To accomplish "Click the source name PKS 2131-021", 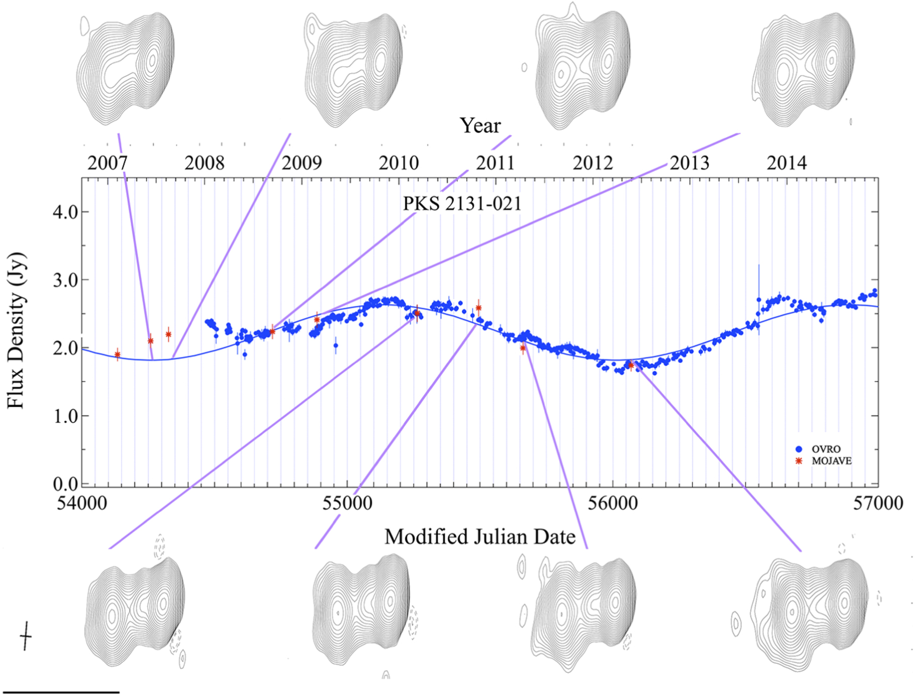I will [x=462, y=203].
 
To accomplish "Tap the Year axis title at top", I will [x=480, y=126].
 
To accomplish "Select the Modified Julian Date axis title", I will [x=480, y=537].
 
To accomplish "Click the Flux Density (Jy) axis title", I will [x=16, y=330].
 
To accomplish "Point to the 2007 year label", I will [x=107, y=163].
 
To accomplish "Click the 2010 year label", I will [x=399, y=163].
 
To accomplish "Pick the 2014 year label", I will [x=786, y=163].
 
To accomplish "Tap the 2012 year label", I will [x=593, y=163].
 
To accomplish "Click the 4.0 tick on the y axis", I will [x=66, y=212].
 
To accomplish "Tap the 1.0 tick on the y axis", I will [x=66, y=416].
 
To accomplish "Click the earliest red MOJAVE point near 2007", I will [x=118, y=355].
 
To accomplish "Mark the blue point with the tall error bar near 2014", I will [x=758, y=300].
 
